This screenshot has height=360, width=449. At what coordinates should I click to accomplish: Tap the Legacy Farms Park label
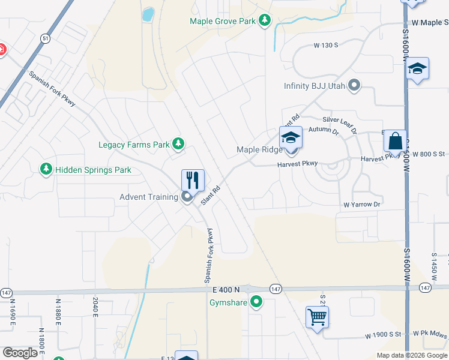134,145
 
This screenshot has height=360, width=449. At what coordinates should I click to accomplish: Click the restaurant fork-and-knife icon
193,179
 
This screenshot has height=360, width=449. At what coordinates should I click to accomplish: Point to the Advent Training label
148,197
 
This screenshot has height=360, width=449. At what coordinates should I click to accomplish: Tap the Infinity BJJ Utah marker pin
354,85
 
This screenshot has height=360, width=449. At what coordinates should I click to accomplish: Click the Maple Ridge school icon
291,137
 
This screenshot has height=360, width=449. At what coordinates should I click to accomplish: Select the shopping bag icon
395,142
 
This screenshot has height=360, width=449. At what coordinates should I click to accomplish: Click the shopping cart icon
317,317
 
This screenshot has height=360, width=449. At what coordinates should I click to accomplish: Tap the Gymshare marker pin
257,302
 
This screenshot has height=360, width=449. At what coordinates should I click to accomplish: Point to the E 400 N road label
230,290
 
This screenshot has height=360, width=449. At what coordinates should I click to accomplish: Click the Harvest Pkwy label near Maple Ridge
297,164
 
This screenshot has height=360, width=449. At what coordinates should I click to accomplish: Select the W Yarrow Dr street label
363,205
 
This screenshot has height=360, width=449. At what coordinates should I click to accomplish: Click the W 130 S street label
327,45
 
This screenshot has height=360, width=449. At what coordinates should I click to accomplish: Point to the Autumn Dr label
323,130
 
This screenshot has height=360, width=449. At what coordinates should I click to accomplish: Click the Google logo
20,353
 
